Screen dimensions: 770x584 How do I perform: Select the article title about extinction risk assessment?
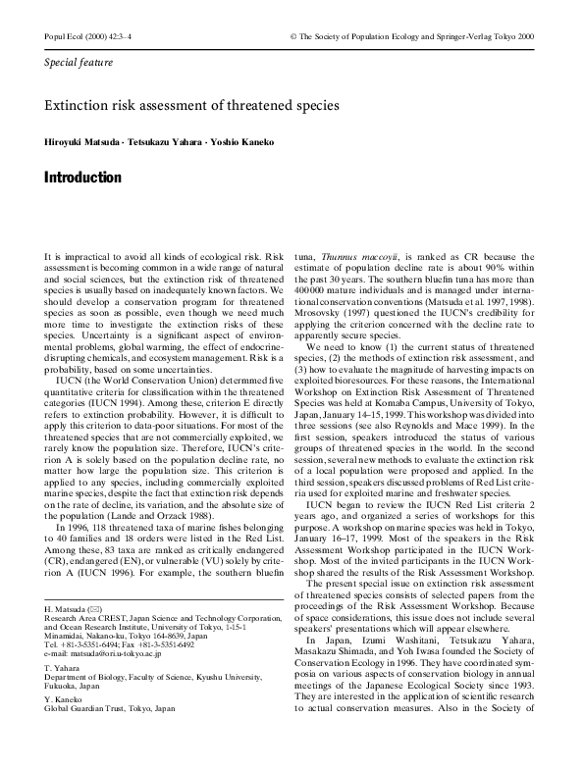point(192,104)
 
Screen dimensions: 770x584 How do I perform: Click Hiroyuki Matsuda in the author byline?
point(84,142)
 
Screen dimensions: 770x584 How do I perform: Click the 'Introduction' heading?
point(83,179)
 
